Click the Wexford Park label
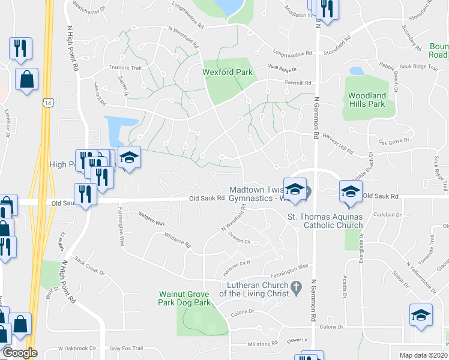click(x=228, y=73)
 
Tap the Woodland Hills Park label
click(x=367, y=100)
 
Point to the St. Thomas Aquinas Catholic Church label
click(x=325, y=221)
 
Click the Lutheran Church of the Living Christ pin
click(x=295, y=289)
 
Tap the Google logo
click(x=20, y=353)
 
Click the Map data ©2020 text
click(x=423, y=355)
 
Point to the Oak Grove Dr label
click(x=393, y=141)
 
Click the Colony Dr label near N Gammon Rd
click(x=331, y=327)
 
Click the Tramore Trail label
click(x=124, y=67)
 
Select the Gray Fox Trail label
click(x=126, y=348)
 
